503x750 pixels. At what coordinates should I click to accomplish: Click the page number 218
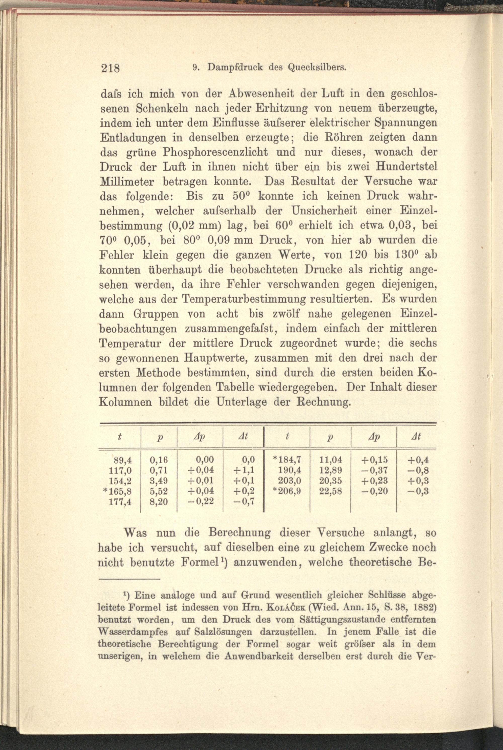coord(110,68)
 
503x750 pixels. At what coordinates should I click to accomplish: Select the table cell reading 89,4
coord(123,460)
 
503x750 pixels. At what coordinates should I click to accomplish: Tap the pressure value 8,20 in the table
coord(159,502)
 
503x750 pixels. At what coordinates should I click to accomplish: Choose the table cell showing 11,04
coord(331,460)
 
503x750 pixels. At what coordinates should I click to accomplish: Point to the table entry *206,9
coord(286,491)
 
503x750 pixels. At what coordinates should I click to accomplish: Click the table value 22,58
coord(331,491)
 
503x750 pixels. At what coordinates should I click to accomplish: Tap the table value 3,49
coord(159,481)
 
